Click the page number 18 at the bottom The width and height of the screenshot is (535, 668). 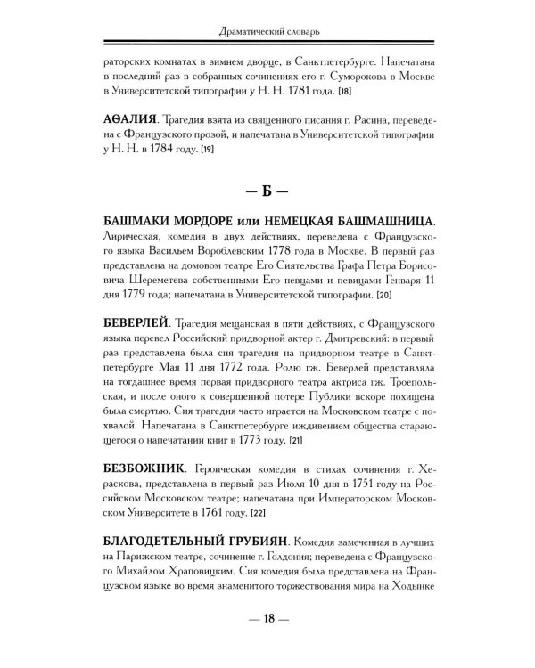268,621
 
